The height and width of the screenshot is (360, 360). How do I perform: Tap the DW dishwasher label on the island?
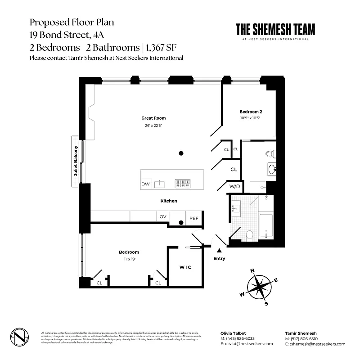click(145, 184)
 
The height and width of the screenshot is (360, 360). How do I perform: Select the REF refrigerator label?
click(193, 218)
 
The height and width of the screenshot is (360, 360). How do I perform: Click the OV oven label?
click(162, 217)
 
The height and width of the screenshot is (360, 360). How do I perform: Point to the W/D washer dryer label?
click(234, 186)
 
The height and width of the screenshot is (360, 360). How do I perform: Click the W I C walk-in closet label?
click(185, 267)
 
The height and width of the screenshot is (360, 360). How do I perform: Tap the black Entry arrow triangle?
click(220, 250)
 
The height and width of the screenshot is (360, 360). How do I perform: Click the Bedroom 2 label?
click(251, 112)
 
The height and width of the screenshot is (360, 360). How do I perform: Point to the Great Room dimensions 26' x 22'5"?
click(150, 126)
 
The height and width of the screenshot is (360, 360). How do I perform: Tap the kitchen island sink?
click(159, 183)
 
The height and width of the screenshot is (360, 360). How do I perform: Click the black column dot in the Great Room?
click(181, 153)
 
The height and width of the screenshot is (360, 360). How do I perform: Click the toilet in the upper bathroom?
click(269, 154)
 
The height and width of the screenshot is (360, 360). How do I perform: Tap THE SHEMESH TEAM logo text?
click(275, 29)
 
